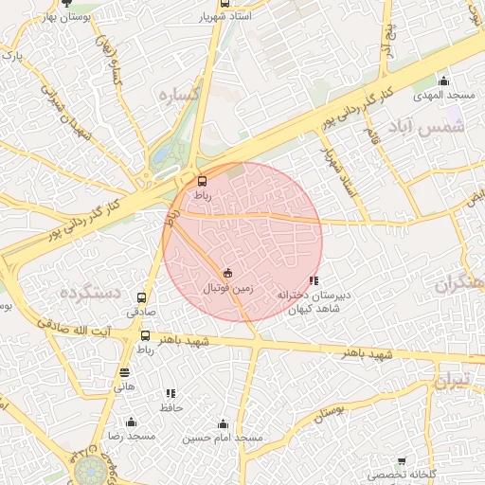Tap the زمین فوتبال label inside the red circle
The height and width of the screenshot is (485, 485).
[227, 285]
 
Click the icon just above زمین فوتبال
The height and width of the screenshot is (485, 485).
[227, 273]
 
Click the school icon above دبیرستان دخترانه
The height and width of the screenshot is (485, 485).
[314, 281]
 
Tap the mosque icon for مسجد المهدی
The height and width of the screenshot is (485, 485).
[443, 81]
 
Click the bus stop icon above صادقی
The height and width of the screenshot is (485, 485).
[142, 297]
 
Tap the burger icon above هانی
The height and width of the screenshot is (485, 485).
[125, 372]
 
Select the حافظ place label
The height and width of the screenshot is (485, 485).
[171, 407]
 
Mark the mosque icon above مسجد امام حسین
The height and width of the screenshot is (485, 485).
[224, 423]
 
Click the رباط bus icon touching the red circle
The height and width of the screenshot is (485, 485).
[201, 181]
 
